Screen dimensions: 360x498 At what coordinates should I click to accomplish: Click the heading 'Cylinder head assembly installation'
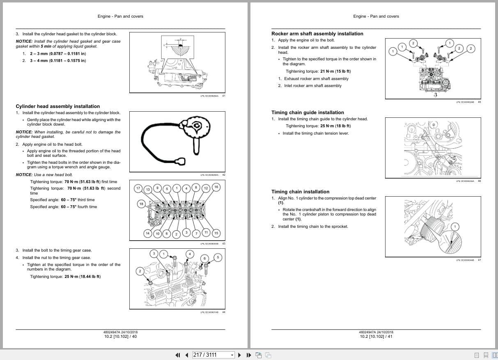[x=57, y=106]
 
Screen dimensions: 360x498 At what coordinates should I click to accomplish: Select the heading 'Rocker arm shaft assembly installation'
[x=317, y=34]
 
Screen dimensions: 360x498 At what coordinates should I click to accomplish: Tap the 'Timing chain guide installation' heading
[x=308, y=112]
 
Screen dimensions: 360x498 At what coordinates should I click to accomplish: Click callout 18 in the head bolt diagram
[x=141, y=204]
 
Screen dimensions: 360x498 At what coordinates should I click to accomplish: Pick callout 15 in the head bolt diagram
[x=216, y=234]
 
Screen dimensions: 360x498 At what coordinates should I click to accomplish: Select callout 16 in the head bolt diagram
[x=216, y=187]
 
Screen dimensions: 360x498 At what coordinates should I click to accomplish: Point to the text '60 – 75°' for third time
[x=69, y=200]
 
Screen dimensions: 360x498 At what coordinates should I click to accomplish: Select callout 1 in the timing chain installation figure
[x=454, y=227]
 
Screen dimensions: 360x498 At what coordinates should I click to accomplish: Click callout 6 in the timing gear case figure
[x=204, y=258]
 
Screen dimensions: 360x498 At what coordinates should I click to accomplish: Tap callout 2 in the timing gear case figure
[x=140, y=271]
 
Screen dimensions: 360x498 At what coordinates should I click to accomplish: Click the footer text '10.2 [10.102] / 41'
[x=376, y=337]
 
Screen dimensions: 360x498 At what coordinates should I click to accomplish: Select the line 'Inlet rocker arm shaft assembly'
[x=312, y=86]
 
